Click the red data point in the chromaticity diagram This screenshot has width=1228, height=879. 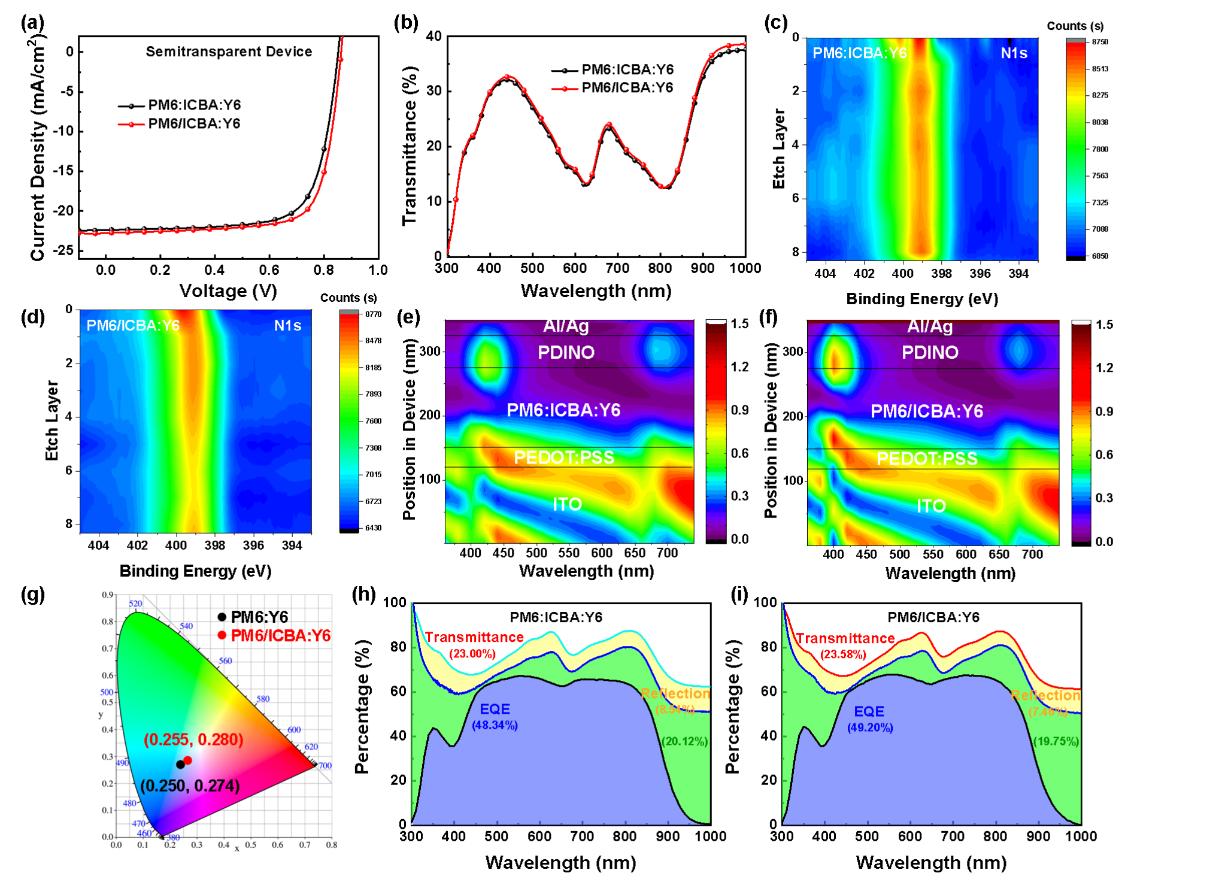(188, 760)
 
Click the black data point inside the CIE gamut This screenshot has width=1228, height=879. (180, 765)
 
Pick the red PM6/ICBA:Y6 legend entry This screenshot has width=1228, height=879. (275, 636)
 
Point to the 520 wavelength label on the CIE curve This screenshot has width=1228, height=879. (135, 604)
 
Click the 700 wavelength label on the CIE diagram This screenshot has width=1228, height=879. (325, 765)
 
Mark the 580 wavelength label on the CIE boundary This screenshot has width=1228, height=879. (263, 699)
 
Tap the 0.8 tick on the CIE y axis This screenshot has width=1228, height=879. (107, 622)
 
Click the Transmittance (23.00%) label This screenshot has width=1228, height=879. (474, 645)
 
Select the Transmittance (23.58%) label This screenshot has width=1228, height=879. (845, 646)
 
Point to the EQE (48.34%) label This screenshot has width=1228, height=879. (495, 717)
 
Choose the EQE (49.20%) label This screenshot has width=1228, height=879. (869, 719)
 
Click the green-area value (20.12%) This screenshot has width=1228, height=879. (684, 741)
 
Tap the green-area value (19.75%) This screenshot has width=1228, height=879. (1056, 741)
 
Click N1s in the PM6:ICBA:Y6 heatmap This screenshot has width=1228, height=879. (1014, 53)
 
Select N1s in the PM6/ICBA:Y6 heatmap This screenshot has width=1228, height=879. (287, 326)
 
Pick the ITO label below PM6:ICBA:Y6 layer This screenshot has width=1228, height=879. (567, 504)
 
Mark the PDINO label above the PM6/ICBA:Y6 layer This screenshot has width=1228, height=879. (930, 352)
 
